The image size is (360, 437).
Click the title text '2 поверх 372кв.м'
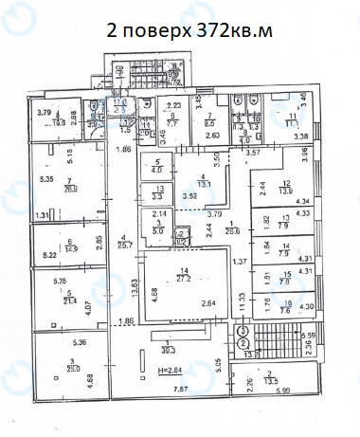tap(190, 31)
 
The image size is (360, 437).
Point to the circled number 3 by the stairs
tap(244, 330)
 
